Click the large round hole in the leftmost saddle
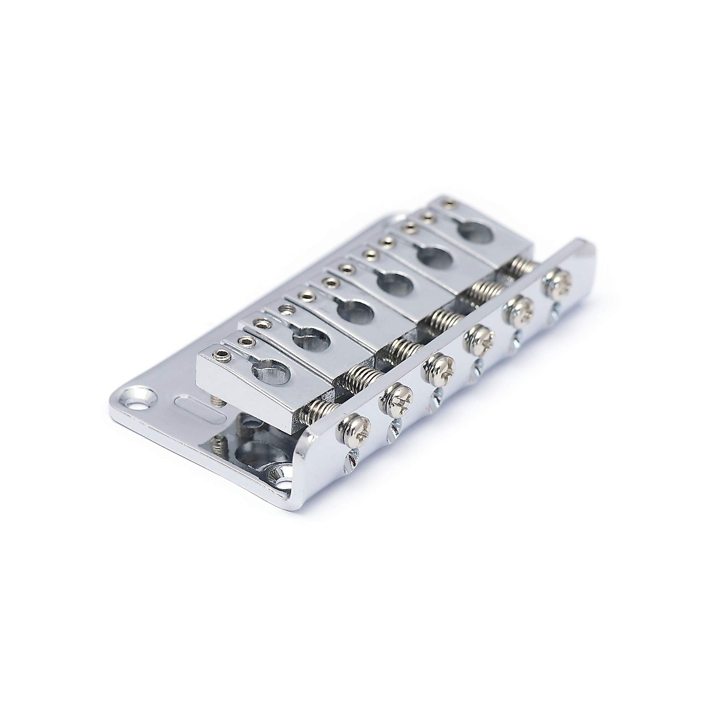point(273,370)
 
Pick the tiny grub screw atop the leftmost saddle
point(223,354)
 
